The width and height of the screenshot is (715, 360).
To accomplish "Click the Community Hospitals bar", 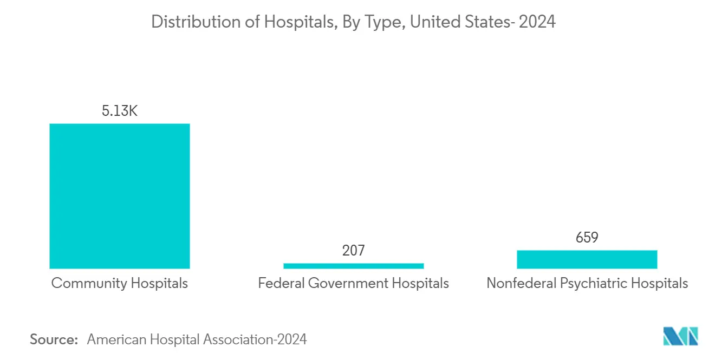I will pyautogui.click(x=120, y=196).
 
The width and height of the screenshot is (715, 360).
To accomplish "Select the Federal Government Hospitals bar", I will pyautogui.click(x=353, y=266).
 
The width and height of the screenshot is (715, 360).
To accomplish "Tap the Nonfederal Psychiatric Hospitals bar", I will pyautogui.click(x=587, y=259).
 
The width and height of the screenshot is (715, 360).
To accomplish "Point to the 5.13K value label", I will pyautogui.click(x=120, y=112).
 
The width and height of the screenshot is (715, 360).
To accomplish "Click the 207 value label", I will pyautogui.click(x=353, y=251).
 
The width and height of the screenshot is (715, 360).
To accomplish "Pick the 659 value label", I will pyautogui.click(x=587, y=238).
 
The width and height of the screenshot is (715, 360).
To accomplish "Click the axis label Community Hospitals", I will pyautogui.click(x=120, y=283).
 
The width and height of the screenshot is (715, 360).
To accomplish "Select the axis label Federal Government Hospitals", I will pyautogui.click(x=353, y=283).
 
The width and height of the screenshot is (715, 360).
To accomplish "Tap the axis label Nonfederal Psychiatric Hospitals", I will pyautogui.click(x=587, y=283).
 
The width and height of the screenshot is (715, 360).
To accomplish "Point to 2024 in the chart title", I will pyautogui.click(x=537, y=22).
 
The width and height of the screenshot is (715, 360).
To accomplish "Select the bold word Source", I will pyautogui.click(x=54, y=339).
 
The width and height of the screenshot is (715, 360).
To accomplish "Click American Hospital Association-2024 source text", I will pyautogui.click(x=197, y=339).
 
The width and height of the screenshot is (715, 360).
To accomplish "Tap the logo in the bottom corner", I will pyautogui.click(x=681, y=336).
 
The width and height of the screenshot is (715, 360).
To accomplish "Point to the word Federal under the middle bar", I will pyautogui.click(x=280, y=283).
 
